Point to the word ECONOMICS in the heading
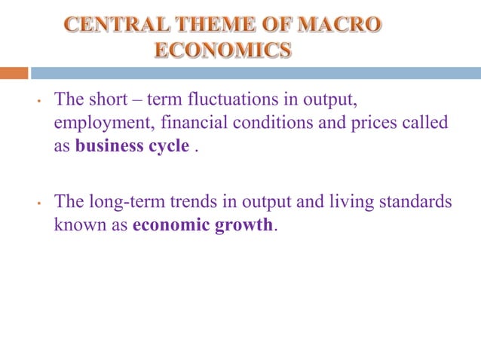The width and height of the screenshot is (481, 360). (222, 50)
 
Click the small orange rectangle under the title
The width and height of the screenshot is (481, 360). (14, 73)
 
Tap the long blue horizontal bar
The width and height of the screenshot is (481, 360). (256, 73)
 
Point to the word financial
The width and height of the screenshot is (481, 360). (191, 122)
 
